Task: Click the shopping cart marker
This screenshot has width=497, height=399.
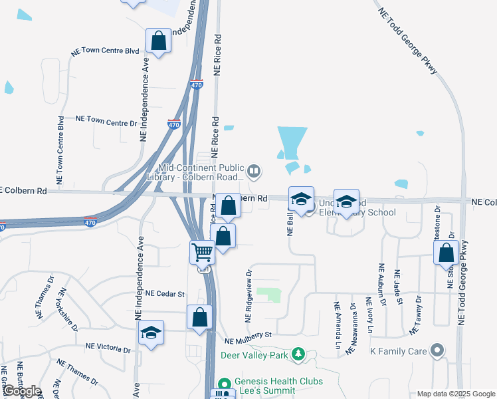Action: tap(202, 252)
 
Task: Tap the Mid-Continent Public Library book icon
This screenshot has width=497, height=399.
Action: tap(253, 172)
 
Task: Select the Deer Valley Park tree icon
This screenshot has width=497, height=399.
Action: tap(298, 354)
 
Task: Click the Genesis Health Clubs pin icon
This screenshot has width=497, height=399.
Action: tap(224, 383)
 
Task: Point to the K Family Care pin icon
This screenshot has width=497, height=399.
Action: tap(437, 350)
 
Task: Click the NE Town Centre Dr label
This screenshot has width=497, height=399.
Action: tap(106, 120)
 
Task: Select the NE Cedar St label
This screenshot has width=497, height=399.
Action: tap(165, 293)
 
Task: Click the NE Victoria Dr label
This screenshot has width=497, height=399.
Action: tap(108, 347)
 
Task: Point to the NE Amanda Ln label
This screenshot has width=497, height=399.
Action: tap(337, 326)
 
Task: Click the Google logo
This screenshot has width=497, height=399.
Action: tap(21, 391)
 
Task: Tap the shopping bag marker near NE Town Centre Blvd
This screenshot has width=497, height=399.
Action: tap(159, 41)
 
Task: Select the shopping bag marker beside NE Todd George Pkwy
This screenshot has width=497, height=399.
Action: tap(446, 253)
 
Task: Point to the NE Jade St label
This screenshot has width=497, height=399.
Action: tap(399, 288)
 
